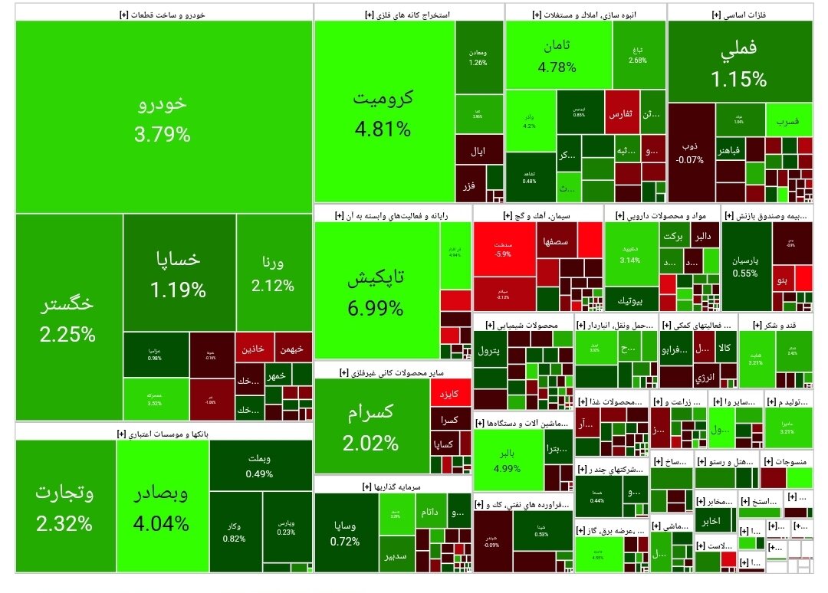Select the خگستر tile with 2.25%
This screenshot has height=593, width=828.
tap(68, 317)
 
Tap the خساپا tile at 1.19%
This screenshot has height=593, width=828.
tap(179, 273)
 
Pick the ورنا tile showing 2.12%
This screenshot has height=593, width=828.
tap(273, 274)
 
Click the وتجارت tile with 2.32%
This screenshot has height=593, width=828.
tap(64, 507)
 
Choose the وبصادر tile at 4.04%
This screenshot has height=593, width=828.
tap(162, 507)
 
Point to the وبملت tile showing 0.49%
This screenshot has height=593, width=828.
tap(260, 466)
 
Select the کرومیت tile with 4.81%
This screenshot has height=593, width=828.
tap(383, 113)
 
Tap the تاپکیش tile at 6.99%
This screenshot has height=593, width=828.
tap(376, 292)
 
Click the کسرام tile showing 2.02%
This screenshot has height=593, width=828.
tap(370, 426)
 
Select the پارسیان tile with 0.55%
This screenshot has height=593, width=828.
tap(745, 265)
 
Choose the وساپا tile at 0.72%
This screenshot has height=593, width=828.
tap(345, 532)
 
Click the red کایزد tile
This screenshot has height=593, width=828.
tap(449, 394)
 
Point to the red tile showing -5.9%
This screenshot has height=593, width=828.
tap(504, 249)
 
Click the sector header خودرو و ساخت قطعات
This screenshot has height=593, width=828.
tap(163, 14)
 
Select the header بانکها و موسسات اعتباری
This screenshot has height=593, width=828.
tap(163, 433)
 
